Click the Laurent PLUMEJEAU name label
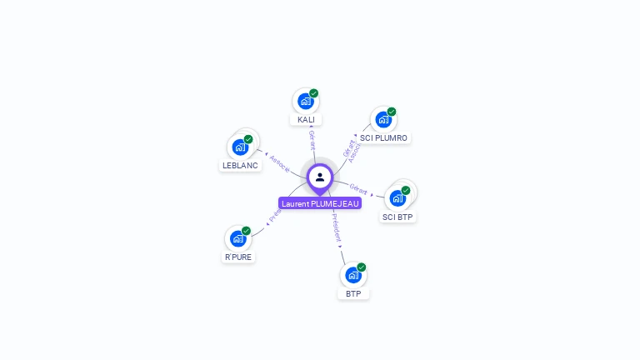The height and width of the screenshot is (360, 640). pyautogui.click(x=320, y=203)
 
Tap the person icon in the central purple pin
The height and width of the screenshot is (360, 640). pyautogui.click(x=320, y=177)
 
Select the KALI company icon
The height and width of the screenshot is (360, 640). pyautogui.click(x=306, y=102)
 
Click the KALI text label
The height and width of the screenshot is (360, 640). pyautogui.click(x=306, y=120)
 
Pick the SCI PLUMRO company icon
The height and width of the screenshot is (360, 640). pyautogui.click(x=382, y=119)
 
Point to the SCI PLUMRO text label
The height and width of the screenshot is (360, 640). pyautogui.click(x=383, y=137)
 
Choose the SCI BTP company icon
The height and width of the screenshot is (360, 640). pyautogui.click(x=397, y=197)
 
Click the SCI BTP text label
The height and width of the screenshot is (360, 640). pyautogui.click(x=397, y=217)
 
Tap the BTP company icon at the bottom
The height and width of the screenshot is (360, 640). pyautogui.click(x=353, y=274)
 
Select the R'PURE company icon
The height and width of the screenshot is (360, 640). pyautogui.click(x=237, y=239)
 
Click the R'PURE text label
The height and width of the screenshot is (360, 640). pyautogui.click(x=237, y=257)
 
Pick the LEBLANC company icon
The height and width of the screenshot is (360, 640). pyautogui.click(x=240, y=147)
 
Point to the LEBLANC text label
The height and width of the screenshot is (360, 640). pyautogui.click(x=241, y=166)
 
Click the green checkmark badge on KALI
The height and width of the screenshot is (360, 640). pyautogui.click(x=314, y=93)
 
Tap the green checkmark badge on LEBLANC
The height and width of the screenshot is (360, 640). pyautogui.click(x=248, y=139)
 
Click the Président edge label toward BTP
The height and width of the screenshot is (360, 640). pyautogui.click(x=335, y=227)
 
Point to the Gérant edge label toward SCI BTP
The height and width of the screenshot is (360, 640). pyautogui.click(x=359, y=189)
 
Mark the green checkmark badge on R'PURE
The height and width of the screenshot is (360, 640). pyautogui.click(x=246, y=231)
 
